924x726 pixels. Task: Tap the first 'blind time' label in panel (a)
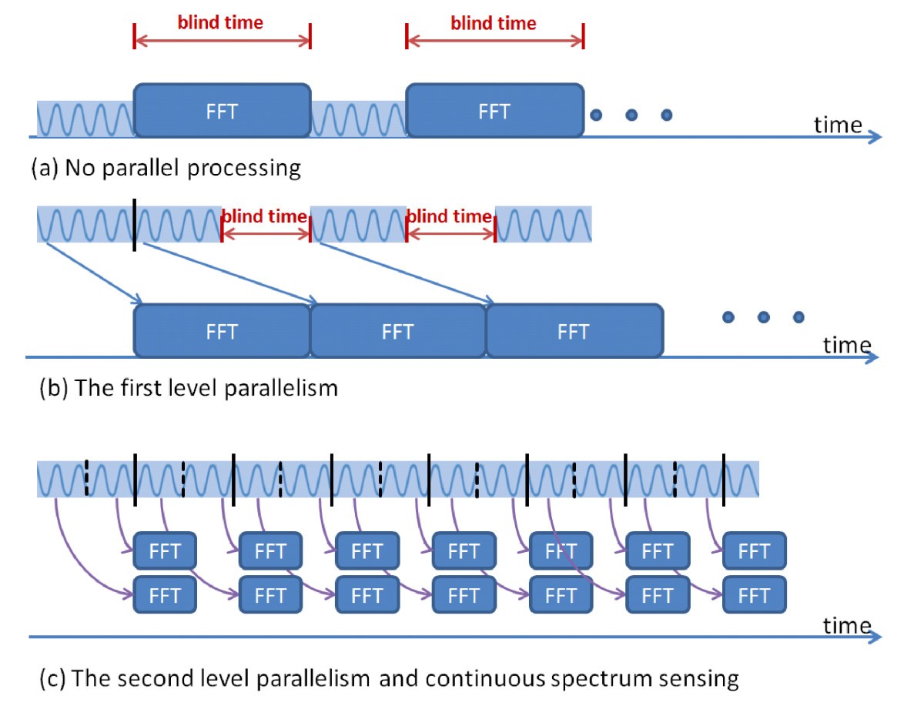click(220, 22)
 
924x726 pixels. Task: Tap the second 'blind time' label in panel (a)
click(494, 23)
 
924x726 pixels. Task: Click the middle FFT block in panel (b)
click(397, 331)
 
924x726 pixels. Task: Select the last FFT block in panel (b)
click(573, 331)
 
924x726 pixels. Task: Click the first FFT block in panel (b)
click(222, 331)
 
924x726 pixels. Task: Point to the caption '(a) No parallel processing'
click(166, 168)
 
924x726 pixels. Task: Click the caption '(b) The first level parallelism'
click(189, 387)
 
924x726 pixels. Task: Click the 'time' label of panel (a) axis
click(839, 124)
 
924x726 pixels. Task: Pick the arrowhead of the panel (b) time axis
click(872, 357)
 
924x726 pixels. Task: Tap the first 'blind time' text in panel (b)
click(264, 216)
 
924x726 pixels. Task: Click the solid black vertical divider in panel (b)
click(134, 225)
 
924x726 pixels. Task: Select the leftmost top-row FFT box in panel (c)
click(165, 550)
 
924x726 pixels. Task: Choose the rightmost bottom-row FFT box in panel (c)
click(754, 595)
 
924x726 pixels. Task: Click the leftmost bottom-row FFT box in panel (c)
click(165, 595)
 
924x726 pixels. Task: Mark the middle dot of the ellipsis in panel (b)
click(763, 316)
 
